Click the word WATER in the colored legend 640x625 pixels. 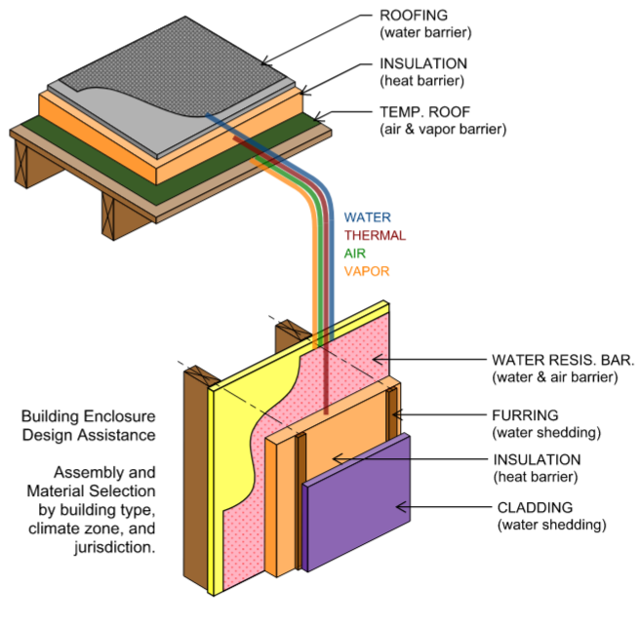(367, 217)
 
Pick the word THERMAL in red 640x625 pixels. (375, 235)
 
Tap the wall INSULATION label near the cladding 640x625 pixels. (538, 459)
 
